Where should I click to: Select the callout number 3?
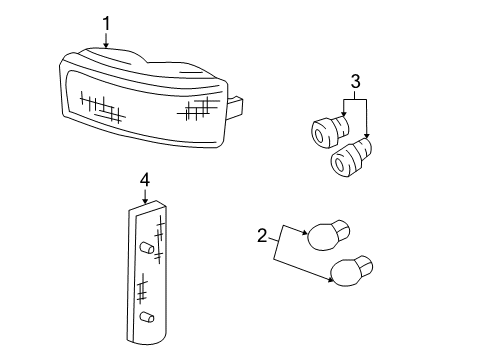(x=354, y=80)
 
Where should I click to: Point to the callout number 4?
(x=144, y=180)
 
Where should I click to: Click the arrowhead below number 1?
(x=106, y=46)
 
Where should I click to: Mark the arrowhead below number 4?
(x=144, y=203)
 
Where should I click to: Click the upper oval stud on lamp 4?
(x=147, y=247)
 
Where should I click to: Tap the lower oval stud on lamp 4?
(x=147, y=318)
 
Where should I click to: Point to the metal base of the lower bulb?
(x=366, y=266)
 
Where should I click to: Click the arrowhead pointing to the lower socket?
(x=367, y=141)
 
